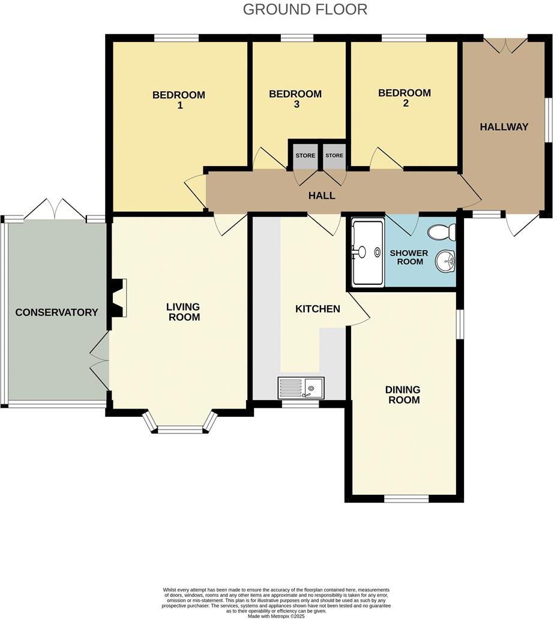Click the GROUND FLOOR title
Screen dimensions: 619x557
(x=305, y=10)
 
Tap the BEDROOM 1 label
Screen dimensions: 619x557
(x=178, y=100)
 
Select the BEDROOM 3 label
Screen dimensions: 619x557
(x=295, y=99)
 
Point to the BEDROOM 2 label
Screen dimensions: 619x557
(x=404, y=98)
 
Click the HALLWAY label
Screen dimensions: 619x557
(x=504, y=127)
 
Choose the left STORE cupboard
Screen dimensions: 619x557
(x=305, y=155)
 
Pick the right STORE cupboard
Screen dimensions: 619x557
(x=334, y=155)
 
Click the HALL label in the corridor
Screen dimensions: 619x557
(x=322, y=196)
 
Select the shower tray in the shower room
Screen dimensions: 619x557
(x=367, y=252)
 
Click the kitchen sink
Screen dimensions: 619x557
(x=301, y=387)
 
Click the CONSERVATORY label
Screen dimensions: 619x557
(x=56, y=312)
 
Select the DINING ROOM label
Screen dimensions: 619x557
(x=403, y=395)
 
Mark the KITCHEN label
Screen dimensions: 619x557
(x=318, y=309)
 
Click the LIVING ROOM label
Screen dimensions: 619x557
(x=184, y=312)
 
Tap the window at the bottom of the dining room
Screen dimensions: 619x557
(x=406, y=498)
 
